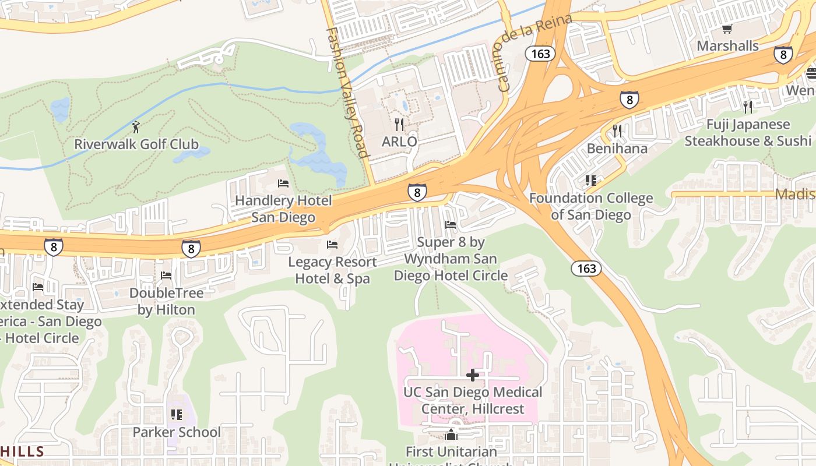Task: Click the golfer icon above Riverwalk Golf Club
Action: pos(136,126)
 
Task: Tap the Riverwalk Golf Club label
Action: pos(136,144)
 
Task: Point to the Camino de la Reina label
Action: pos(532,51)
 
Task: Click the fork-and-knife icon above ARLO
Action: pos(399,125)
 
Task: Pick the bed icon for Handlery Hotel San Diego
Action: pos(283,183)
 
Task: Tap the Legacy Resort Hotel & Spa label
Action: pos(332,270)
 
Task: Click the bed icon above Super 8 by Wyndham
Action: pos(451,225)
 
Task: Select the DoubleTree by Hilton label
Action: pos(166,301)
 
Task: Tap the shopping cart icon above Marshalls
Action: pos(727,29)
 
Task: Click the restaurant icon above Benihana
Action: pos(618,131)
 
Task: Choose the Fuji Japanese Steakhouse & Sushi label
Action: pos(748,133)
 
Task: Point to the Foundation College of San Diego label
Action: pos(591,207)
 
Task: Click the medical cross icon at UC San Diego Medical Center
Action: pos(473,375)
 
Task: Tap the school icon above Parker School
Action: pos(177,415)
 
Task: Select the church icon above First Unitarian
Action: pos(451,435)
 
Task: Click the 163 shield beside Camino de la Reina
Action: pos(540,54)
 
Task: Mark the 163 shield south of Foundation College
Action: pos(586,269)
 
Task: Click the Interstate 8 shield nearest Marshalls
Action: pos(783,55)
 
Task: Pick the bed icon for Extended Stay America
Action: pos(38,287)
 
